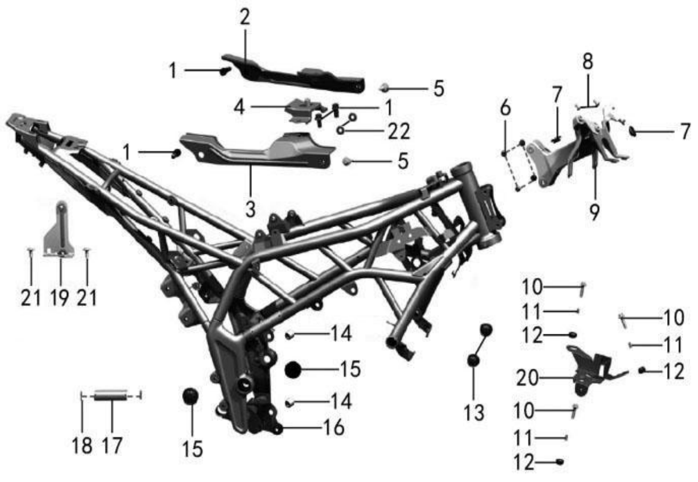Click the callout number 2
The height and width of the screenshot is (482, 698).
pyautogui.click(x=245, y=18)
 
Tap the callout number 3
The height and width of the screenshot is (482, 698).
pyautogui.click(x=251, y=209)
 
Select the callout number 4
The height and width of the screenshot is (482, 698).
pyautogui.click(x=239, y=107)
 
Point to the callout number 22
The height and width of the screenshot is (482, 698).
pyautogui.click(x=398, y=131)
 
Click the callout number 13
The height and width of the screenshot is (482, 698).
pyautogui.click(x=474, y=413)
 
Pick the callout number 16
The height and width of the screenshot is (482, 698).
pyautogui.click(x=334, y=427)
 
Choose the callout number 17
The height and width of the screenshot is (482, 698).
pyautogui.click(x=112, y=445)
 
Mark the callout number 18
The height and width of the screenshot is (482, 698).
pyautogui.click(x=82, y=445)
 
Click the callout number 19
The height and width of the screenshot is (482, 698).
pyautogui.click(x=60, y=297)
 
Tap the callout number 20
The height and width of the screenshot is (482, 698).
pyautogui.click(x=527, y=378)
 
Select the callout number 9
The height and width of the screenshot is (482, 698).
pyautogui.click(x=595, y=212)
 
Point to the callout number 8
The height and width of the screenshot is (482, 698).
pyautogui.click(x=588, y=61)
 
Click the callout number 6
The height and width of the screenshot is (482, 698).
pyautogui.click(x=505, y=108)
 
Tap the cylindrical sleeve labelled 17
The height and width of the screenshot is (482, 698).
pyautogui.click(x=111, y=395)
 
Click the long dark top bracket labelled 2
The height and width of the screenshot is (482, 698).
pyautogui.click(x=294, y=75)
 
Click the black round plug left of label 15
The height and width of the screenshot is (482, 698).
pyautogui.click(x=293, y=370)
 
